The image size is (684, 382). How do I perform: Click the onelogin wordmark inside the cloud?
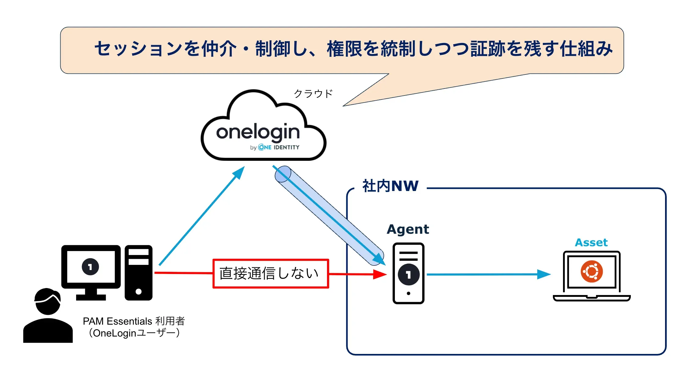[x=258, y=132]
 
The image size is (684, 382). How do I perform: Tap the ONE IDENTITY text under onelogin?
[x=279, y=147]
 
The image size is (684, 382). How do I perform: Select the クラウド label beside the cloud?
[x=313, y=94]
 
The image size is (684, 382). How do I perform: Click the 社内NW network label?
[x=390, y=186]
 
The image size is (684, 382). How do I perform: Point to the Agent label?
[x=408, y=229]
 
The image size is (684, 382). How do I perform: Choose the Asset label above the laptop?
[x=591, y=243]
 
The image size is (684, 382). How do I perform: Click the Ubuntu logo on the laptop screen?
[x=592, y=271]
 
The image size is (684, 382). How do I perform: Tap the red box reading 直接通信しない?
[x=270, y=273]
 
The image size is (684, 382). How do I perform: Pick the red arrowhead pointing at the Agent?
[x=380, y=274]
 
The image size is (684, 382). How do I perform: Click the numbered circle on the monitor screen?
[x=90, y=267]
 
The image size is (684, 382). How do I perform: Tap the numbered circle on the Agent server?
[x=408, y=275]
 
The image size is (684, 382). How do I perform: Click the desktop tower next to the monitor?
[x=138, y=272]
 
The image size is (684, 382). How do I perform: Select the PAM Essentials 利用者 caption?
[x=134, y=321]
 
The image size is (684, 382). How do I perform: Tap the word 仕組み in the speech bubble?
[x=586, y=49]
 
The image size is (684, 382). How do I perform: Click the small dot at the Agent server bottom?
[x=408, y=294]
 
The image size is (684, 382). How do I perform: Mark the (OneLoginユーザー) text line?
[x=134, y=333]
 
